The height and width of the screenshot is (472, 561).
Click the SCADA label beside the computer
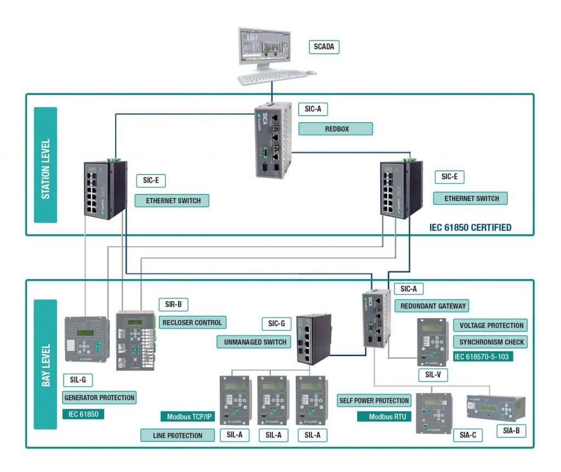324,47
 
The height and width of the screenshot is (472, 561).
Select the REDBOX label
335,129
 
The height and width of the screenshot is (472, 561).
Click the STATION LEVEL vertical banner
45,164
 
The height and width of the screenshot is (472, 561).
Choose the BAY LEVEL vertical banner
45,365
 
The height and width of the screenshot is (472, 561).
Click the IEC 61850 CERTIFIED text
471,227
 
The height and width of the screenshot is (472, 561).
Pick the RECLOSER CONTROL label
192,322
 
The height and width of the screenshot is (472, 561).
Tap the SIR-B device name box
176,304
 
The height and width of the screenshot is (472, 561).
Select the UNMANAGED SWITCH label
255,342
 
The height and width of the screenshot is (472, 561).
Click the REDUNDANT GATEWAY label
432,306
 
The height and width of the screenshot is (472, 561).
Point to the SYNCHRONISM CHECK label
491,342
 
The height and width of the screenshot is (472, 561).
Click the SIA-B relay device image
495,408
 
